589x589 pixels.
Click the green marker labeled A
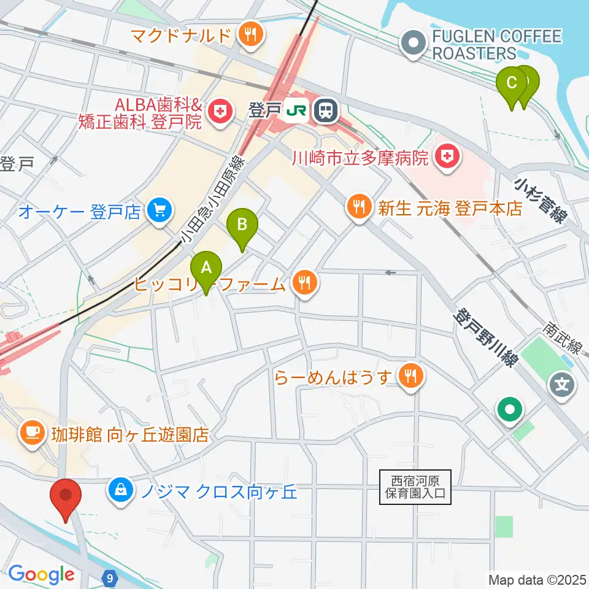point(207,268)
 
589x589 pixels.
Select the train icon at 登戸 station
point(325,110)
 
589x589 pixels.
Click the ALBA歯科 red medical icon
point(218,111)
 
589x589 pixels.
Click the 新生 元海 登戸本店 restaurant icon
point(357,207)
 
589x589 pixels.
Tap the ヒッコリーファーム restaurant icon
point(303,283)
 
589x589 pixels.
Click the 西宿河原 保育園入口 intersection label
point(415,487)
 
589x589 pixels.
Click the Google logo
point(41,574)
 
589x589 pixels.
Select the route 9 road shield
point(109,577)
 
